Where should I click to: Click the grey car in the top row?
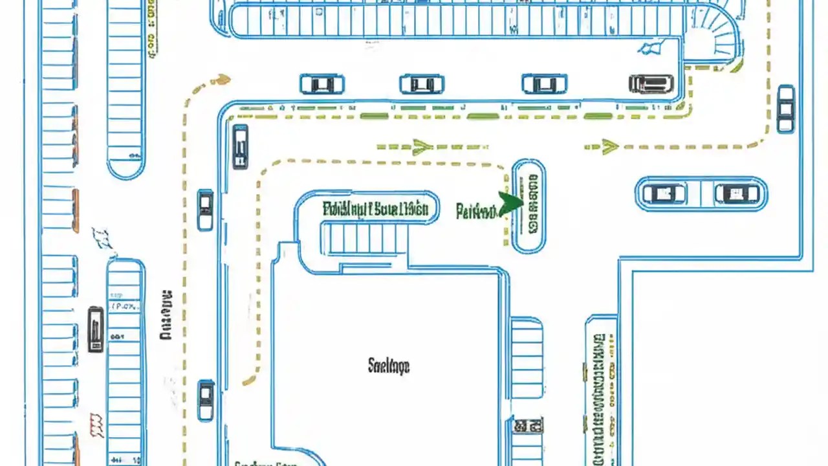click(651, 83)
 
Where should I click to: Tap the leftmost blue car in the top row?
click(321, 84)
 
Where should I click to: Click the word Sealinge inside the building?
click(388, 366)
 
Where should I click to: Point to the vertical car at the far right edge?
click(785, 108)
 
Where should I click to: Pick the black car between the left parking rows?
click(96, 329)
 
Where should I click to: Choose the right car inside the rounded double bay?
click(737, 194)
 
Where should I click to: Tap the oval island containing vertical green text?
click(528, 206)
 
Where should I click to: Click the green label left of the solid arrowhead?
click(476, 211)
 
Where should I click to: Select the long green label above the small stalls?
click(375, 208)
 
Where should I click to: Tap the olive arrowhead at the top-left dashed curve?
click(221, 80)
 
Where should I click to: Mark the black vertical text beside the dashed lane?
click(166, 315)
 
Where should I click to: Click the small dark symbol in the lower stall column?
click(527, 425)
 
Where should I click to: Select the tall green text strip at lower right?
click(600, 388)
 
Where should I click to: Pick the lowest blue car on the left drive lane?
click(206, 399)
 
